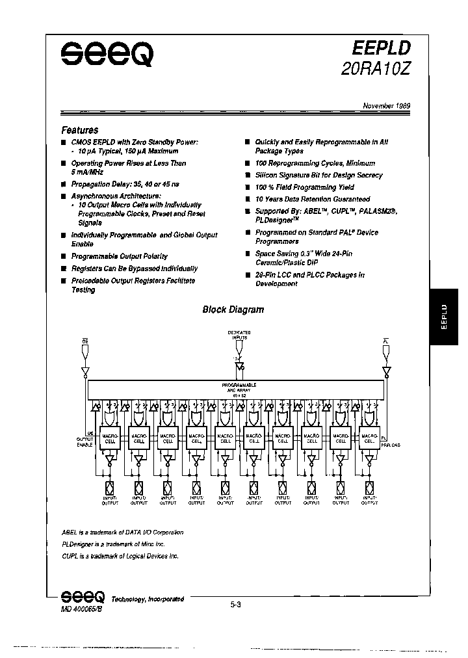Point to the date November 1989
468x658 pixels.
[x=386, y=105]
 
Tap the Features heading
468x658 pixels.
[x=80, y=130]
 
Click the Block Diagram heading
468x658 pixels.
[x=233, y=309]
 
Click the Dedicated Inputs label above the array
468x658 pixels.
[x=239, y=334]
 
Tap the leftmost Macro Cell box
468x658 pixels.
[x=111, y=439]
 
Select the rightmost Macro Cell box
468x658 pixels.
[x=368, y=439]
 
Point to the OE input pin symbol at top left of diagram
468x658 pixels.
[x=85, y=351]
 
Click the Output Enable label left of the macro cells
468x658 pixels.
[x=85, y=442]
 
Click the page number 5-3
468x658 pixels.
[x=235, y=605]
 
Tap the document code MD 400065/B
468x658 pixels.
[x=77, y=607]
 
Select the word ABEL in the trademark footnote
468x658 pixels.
[x=70, y=532]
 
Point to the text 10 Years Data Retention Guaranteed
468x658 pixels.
[x=313, y=199]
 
